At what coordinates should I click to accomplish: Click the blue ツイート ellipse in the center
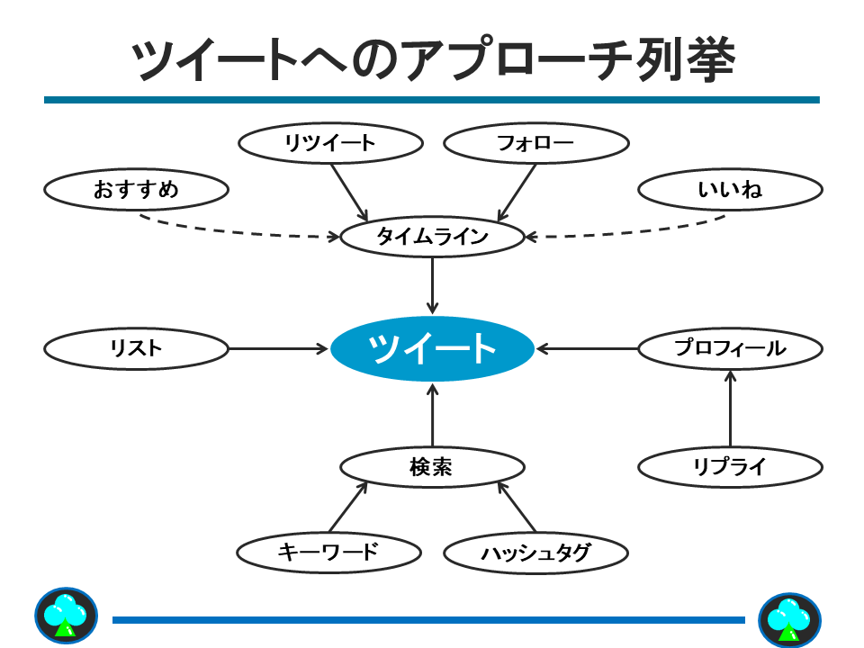click(432, 348)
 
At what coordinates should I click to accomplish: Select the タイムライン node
click(432, 238)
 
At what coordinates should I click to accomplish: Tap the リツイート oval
click(330, 142)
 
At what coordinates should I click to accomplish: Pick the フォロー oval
click(535, 142)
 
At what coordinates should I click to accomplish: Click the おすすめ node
click(136, 190)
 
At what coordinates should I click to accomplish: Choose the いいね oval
click(730, 190)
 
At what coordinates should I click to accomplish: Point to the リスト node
click(136, 348)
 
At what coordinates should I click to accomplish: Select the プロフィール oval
click(730, 348)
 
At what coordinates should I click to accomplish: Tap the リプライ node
click(730, 467)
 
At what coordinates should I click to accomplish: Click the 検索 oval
click(432, 467)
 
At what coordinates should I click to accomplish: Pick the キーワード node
click(328, 552)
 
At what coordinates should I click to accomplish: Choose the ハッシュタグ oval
click(535, 552)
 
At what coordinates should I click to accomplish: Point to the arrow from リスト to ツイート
click(279, 348)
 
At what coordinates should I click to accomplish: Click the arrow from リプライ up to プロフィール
click(730, 414)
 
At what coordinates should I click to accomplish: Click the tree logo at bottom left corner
click(66, 617)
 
